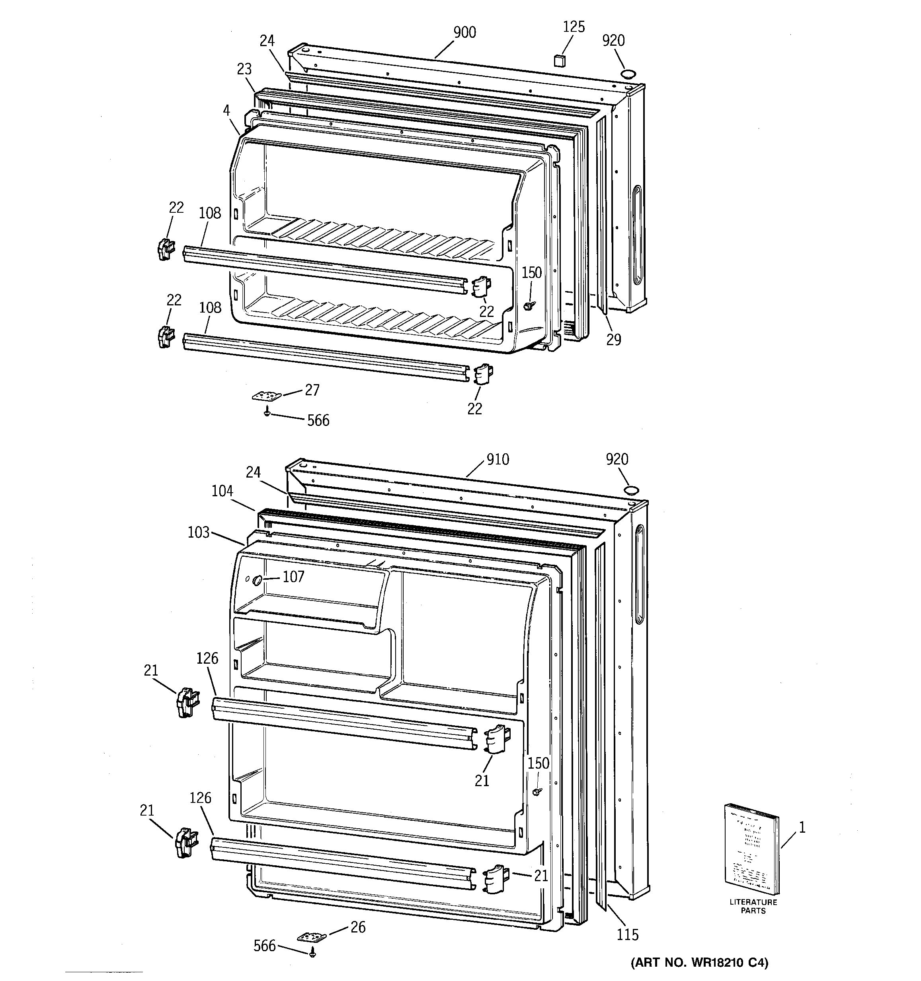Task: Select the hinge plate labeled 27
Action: coord(266,396)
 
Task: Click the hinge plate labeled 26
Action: coord(312,936)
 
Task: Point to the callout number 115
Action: coord(627,934)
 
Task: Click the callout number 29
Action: coord(613,340)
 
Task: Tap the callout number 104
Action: coord(222,491)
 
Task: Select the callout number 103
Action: coord(199,532)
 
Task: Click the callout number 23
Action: coord(244,69)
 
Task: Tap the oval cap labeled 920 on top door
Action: coord(628,74)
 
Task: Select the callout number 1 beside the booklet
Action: coord(802,828)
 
